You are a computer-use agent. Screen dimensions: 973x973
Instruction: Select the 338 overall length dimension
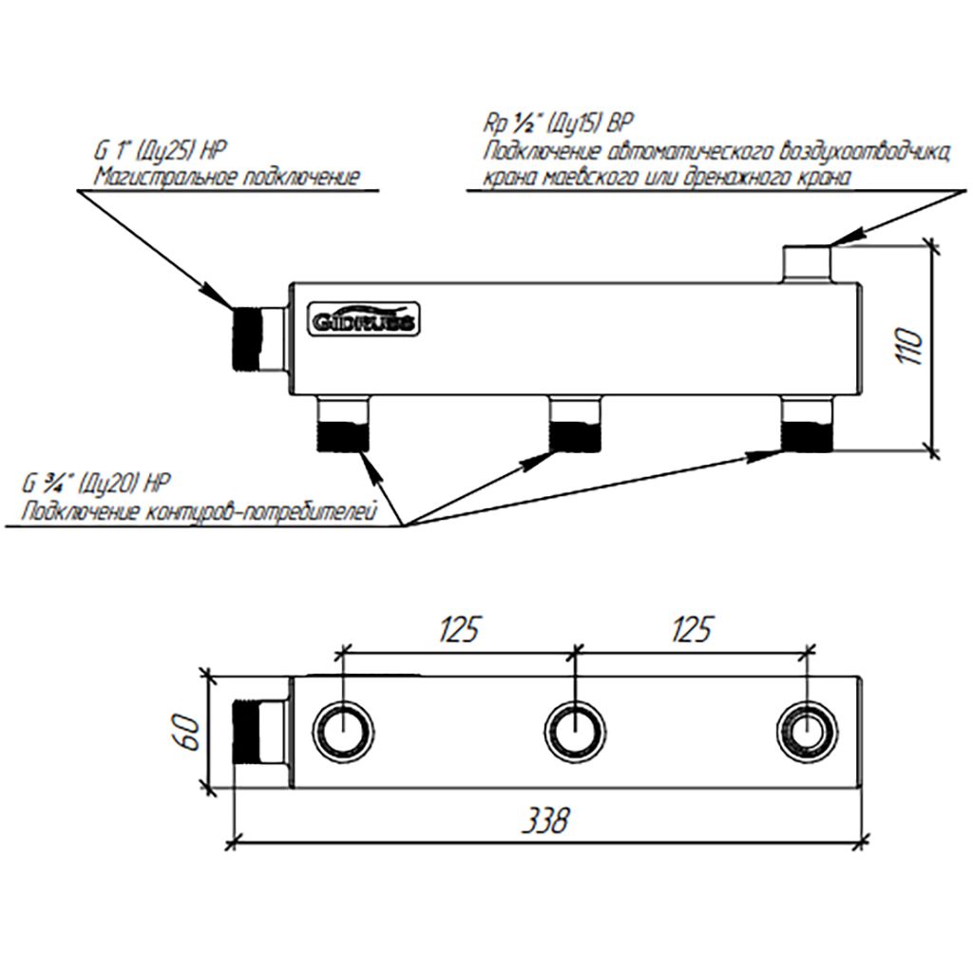coord(548,819)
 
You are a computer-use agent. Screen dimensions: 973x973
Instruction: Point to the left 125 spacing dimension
coord(457,628)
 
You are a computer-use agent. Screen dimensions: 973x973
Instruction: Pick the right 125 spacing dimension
coord(693,628)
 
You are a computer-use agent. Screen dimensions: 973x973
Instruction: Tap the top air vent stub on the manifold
coord(807,263)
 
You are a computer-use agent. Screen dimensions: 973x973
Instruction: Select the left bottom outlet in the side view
coord(341,425)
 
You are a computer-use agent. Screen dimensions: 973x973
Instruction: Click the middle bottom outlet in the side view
coord(575,425)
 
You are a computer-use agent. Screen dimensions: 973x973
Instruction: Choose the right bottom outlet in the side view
coord(806,425)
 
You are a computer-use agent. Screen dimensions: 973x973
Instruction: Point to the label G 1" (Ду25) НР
coord(162,149)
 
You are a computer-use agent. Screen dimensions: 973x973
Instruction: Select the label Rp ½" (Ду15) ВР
coord(558,124)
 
